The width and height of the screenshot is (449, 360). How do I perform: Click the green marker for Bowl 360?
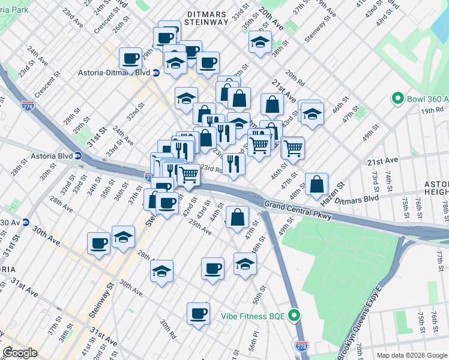coord(397,98)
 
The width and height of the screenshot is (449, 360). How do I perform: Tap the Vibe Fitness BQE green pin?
coord(294,314)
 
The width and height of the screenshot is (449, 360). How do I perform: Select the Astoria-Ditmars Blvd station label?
coord(113,73)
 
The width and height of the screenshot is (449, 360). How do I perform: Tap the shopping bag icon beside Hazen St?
coord(316,184)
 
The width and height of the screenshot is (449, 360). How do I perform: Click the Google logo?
coord(20,352)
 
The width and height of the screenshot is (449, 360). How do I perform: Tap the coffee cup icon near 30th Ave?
coord(99,243)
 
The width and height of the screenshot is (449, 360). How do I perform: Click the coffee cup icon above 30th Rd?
coord(198,313)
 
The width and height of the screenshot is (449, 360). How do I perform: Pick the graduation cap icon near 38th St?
coord(260,42)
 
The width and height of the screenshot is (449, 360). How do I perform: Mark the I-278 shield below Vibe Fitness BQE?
coord(301,346)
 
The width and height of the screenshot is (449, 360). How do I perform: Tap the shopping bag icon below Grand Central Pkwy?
coord(238,217)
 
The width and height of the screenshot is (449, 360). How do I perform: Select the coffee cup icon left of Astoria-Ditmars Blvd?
coord(131,58)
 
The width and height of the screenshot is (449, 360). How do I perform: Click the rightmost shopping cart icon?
coord(292,147)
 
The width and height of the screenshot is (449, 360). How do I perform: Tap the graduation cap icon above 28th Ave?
coord(123,237)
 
